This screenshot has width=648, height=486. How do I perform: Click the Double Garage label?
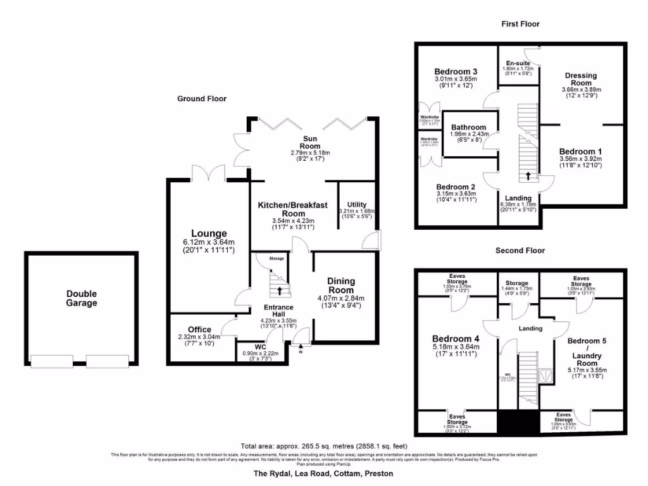[83, 298]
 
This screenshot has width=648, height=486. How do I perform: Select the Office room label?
[199, 330]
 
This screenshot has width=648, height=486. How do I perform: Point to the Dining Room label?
[340, 285]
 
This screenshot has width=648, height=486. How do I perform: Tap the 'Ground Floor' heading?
[201, 99]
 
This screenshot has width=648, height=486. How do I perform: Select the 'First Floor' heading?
[520, 24]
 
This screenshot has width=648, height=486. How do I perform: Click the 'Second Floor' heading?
[520, 251]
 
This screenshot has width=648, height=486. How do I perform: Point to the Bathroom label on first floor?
[469, 127]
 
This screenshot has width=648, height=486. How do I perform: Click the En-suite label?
[516, 63]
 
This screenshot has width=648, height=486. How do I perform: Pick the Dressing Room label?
[580, 79]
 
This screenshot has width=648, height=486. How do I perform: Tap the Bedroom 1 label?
[580, 151]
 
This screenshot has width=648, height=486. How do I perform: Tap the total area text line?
[323, 445]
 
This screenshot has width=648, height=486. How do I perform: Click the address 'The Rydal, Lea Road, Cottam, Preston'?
[323, 473]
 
